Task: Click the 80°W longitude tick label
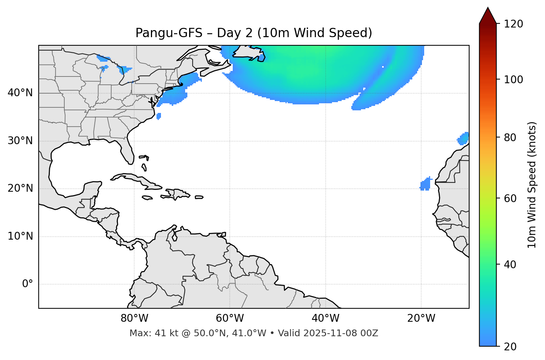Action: pyautogui.click(x=134, y=318)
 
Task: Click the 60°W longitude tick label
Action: pyautogui.click(x=230, y=318)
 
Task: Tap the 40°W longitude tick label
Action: pyautogui.click(x=325, y=318)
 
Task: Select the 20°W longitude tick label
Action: pyautogui.click(x=421, y=318)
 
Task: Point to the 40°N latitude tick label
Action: pyautogui.click(x=20, y=93)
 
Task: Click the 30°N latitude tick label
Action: pyautogui.click(x=20, y=141)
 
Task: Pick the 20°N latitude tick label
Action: pyautogui.click(x=20, y=188)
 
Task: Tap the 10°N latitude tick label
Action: pyautogui.click(x=20, y=236)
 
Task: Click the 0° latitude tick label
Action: pyautogui.click(x=28, y=284)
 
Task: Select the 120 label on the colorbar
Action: pyautogui.click(x=513, y=24)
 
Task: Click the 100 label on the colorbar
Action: pyautogui.click(x=513, y=80)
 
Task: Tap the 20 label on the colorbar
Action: pyautogui.click(x=510, y=347)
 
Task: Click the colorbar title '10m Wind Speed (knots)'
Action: pyautogui.click(x=532, y=185)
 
